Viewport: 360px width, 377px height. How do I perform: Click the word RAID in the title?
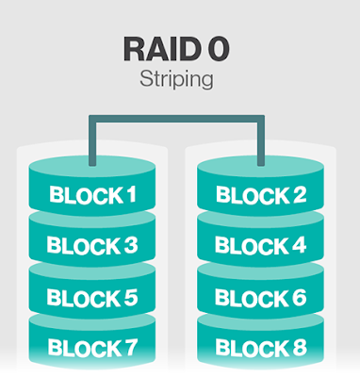point(162,49)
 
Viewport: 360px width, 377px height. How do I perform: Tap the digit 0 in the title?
point(219,49)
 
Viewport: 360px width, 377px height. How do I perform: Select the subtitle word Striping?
point(176,80)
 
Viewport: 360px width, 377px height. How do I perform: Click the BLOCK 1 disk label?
point(92,194)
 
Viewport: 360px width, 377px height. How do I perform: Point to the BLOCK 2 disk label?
point(261,194)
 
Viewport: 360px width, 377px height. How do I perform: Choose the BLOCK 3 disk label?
point(92,245)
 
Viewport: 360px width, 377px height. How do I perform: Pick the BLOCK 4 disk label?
point(261,245)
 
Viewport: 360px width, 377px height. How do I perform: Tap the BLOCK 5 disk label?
point(92,297)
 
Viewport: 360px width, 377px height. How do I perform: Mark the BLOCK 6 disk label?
point(261,297)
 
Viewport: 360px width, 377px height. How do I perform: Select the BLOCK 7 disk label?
point(92,348)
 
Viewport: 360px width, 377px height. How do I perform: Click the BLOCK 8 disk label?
point(261,348)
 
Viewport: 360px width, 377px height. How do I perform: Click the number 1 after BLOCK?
point(131,194)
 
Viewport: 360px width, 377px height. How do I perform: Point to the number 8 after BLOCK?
point(299,348)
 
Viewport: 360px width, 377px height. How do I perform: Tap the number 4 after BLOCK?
point(299,245)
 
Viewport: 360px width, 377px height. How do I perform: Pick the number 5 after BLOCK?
point(130,297)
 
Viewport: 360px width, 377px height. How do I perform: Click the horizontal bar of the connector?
point(176,119)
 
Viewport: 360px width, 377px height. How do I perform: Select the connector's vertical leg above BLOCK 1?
point(92,140)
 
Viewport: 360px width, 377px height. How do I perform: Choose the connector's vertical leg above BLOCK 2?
point(261,140)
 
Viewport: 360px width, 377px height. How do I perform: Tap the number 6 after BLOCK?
point(299,297)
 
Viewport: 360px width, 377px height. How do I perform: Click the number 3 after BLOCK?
point(130,245)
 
